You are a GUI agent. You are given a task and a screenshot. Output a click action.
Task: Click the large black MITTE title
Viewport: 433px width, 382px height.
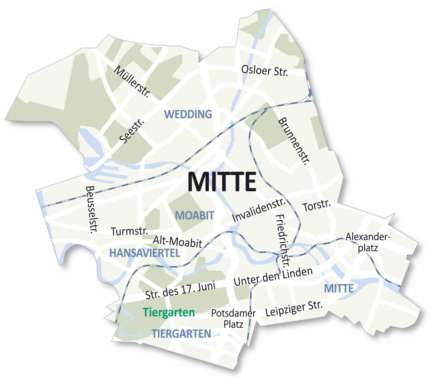click(x=222, y=182)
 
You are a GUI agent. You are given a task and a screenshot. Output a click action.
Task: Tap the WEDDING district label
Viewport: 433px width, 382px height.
click(x=188, y=114)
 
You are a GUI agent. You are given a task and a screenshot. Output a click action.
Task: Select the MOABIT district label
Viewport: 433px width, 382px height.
click(x=195, y=215)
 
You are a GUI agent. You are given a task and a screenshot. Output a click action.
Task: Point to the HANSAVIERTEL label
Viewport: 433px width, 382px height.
click(x=145, y=253)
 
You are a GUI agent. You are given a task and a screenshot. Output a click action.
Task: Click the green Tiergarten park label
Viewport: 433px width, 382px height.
click(x=169, y=313)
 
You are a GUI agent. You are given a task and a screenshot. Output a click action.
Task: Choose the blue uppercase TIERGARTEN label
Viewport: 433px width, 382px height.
click(x=182, y=334)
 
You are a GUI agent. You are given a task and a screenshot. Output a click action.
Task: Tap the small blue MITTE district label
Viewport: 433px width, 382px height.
click(x=339, y=288)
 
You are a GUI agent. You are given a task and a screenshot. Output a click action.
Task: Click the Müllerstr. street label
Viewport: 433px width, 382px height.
click(x=132, y=81)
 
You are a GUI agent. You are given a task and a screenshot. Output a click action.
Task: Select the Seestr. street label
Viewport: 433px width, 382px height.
click(x=133, y=131)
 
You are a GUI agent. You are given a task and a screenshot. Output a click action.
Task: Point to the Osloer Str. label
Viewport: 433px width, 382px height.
click(x=264, y=70)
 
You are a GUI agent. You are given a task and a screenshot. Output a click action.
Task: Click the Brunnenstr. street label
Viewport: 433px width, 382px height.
click(x=294, y=141)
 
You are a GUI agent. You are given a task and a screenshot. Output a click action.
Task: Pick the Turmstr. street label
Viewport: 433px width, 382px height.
click(x=129, y=231)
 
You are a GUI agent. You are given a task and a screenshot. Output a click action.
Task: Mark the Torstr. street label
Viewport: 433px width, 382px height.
click(x=316, y=206)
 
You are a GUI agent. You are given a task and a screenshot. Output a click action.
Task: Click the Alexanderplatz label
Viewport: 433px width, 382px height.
click(x=368, y=242)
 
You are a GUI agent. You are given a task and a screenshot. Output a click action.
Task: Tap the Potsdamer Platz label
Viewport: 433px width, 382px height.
click(x=233, y=318)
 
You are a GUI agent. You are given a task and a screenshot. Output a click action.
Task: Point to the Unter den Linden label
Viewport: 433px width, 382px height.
click(x=273, y=277)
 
